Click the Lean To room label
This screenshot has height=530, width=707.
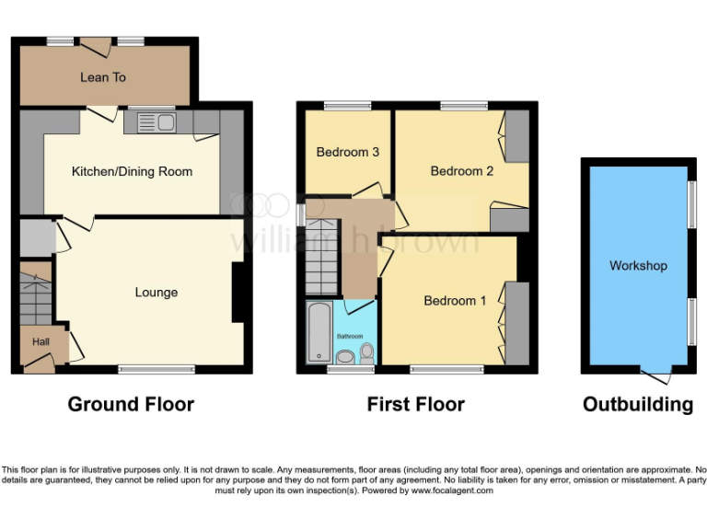click(x=103, y=77)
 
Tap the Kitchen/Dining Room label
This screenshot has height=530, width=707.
click(x=132, y=171)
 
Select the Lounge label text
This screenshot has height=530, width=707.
click(x=156, y=293)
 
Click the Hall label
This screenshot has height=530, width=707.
click(x=41, y=341)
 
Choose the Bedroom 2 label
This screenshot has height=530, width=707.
click(x=462, y=171)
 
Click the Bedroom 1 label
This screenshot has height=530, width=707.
click(x=455, y=301)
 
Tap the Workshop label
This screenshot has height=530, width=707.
click(x=638, y=266)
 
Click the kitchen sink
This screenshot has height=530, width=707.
click(x=156, y=121)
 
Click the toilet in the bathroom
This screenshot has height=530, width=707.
click(x=366, y=352)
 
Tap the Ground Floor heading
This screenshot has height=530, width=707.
click(x=131, y=404)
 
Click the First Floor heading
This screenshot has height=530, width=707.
click(x=415, y=404)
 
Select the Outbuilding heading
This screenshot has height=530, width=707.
click(x=638, y=404)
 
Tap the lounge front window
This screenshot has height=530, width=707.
click(x=156, y=370)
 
